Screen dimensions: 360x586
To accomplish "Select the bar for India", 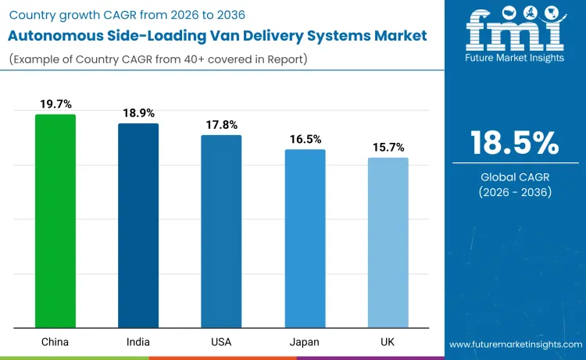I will pyautogui.click(x=138, y=226).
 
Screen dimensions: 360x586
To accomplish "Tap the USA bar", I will pyautogui.click(x=221, y=231).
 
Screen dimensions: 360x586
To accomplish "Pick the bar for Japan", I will pyautogui.click(x=305, y=238).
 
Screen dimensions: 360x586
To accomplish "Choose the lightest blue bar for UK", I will pyautogui.click(x=388, y=243).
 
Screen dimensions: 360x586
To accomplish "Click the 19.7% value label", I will pyautogui.click(x=55, y=103).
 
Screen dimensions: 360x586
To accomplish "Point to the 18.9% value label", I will pyautogui.click(x=138, y=112).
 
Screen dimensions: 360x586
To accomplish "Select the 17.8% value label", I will pyautogui.click(x=221, y=124).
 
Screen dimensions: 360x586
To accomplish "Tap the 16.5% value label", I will pyautogui.click(x=305, y=138).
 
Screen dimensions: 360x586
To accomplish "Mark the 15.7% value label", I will pyautogui.click(x=388, y=147).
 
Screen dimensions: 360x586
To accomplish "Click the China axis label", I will pyautogui.click(x=55, y=343).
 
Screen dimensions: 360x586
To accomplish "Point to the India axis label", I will pyautogui.click(x=138, y=343).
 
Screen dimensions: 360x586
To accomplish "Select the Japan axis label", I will pyautogui.click(x=305, y=343).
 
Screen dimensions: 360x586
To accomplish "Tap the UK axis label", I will pyautogui.click(x=388, y=343).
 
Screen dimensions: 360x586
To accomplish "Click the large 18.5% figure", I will pyautogui.click(x=515, y=143).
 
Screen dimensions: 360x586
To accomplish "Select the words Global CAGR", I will pyautogui.click(x=515, y=177).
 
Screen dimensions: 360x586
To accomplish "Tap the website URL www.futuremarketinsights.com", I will pyautogui.click(x=516, y=344).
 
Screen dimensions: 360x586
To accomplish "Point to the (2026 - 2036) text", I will pyautogui.click(x=515, y=192).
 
